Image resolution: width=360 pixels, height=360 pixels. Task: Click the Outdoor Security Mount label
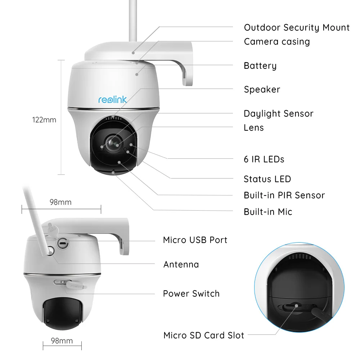[297, 28]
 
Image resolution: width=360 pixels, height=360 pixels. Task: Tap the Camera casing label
[276, 42]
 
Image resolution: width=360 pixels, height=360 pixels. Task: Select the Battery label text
[260, 66]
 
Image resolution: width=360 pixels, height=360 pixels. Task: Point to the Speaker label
[262, 90]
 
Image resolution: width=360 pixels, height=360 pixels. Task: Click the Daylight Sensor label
[278, 114]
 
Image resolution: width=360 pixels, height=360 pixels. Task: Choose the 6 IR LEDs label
[264, 159]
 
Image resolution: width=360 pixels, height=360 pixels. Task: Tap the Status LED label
[267, 179]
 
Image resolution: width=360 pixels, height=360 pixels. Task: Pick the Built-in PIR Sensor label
[284, 195]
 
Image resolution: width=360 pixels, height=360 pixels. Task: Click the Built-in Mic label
[268, 212]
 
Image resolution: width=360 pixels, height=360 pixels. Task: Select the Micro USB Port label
[195, 240]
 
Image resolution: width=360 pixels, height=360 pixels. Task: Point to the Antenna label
[181, 265]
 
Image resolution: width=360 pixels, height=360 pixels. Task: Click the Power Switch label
[191, 294]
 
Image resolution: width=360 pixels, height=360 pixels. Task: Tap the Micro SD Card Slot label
[204, 336]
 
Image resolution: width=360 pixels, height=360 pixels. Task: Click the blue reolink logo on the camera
[113, 99]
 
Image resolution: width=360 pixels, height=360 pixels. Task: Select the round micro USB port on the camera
[63, 243]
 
